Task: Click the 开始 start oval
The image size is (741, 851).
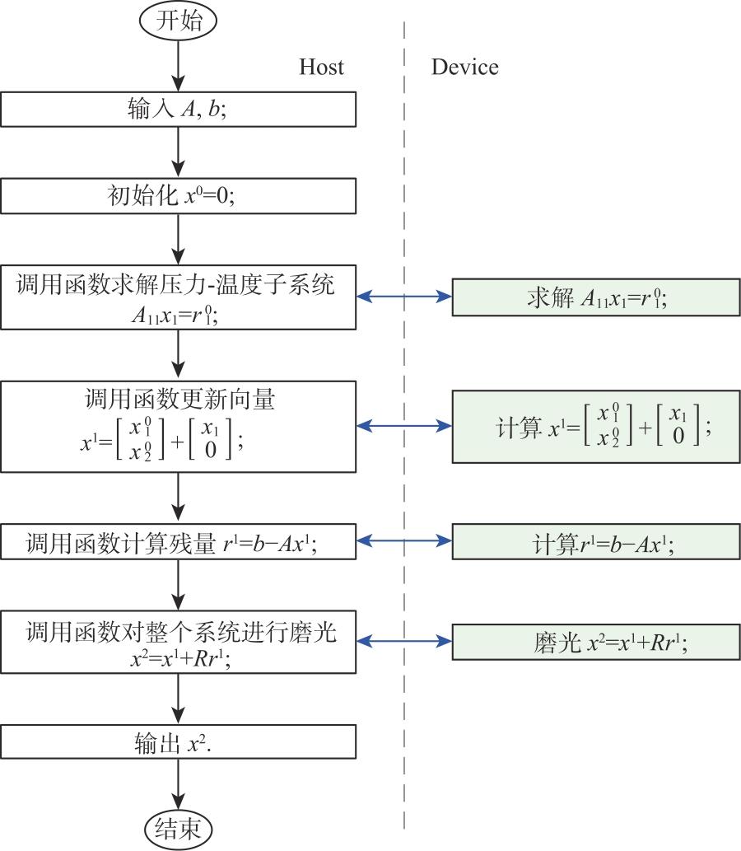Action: coord(178,21)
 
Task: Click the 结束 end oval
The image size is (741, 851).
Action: coord(178,827)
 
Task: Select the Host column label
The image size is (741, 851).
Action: coord(321,67)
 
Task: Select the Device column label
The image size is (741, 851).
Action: coord(464,67)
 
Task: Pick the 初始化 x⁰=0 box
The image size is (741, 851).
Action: coord(178,197)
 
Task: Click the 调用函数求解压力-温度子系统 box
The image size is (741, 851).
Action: coord(178,297)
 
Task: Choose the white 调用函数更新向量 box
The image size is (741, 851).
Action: coord(178,425)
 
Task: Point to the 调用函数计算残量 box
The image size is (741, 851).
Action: coord(178,543)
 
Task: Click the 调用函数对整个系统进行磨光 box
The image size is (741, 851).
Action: coord(178,641)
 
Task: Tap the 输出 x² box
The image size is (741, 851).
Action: coord(178,741)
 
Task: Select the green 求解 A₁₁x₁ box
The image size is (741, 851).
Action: coord(596,297)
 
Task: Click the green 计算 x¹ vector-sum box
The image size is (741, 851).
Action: coord(596,425)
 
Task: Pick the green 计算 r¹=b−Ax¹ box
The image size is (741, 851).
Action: coord(596,543)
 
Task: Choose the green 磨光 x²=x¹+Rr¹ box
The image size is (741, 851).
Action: coord(596,642)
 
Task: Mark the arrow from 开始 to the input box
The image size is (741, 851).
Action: coord(178,64)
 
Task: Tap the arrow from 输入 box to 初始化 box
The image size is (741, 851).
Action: coord(178,152)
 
